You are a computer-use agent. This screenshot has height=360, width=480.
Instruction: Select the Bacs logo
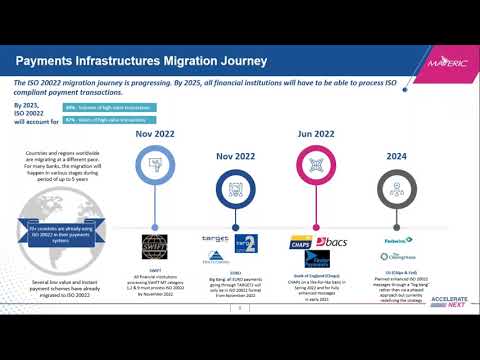coord(332,242)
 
